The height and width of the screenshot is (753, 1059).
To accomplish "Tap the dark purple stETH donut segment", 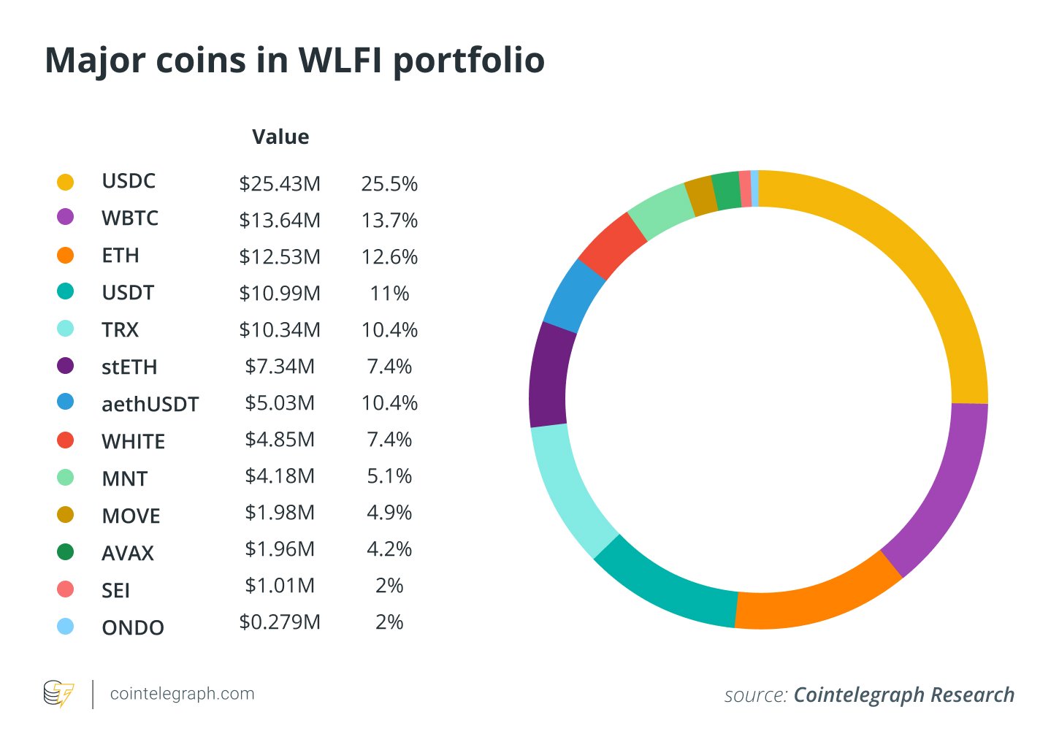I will coord(548,375).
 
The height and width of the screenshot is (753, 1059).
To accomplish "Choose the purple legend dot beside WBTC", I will coord(65,217).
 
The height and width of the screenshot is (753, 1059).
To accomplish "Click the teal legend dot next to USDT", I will coord(65,291).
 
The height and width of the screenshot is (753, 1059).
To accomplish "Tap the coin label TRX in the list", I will coord(120,330).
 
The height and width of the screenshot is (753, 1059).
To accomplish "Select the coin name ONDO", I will coord(133,627).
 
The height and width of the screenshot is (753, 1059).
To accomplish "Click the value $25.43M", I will coord(280,184).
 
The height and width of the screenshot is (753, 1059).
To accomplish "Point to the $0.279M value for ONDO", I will coord(280,622).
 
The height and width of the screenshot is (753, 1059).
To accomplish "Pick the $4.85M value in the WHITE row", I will coord(280,440).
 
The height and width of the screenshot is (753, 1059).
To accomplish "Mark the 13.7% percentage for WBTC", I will coord(389,221).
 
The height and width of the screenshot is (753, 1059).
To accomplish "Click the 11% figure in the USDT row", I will coord(389,294).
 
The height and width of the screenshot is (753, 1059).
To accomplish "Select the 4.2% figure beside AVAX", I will coord(389,549).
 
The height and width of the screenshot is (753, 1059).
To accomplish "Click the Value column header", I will coord(280,137).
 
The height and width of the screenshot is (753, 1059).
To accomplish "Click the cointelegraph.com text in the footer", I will coord(182,694).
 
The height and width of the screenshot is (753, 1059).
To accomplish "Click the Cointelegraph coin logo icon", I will coord(58,694).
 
